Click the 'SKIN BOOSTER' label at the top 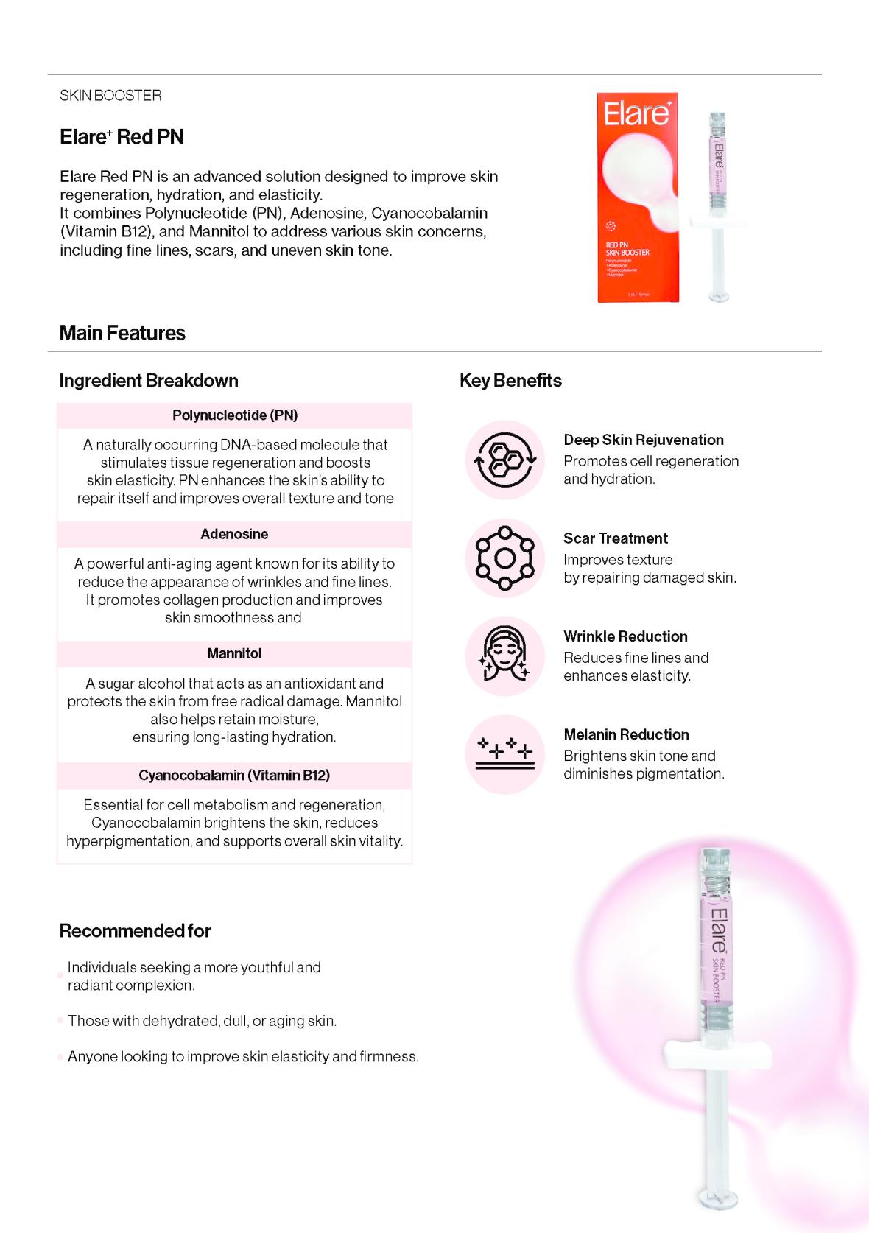coord(110,96)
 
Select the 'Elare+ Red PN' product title coord(122,137)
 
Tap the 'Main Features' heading coord(122,333)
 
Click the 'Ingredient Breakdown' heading coord(149,381)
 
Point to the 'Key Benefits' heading coord(510,381)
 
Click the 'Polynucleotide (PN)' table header coord(235,415)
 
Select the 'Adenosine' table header coord(234,534)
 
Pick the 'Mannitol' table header coord(234,653)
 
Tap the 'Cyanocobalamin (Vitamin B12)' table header coord(234,775)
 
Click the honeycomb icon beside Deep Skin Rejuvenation coord(504,460)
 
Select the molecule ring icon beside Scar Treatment coord(504,558)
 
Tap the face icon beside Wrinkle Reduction coord(504,656)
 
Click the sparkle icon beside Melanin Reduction coord(504,754)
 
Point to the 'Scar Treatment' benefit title coord(616,538)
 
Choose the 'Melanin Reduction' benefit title coord(626,734)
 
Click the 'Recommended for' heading coord(135,931)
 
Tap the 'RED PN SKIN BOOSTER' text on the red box coord(627,249)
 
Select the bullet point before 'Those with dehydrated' coord(60,1021)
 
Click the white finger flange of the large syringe coord(717,1056)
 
